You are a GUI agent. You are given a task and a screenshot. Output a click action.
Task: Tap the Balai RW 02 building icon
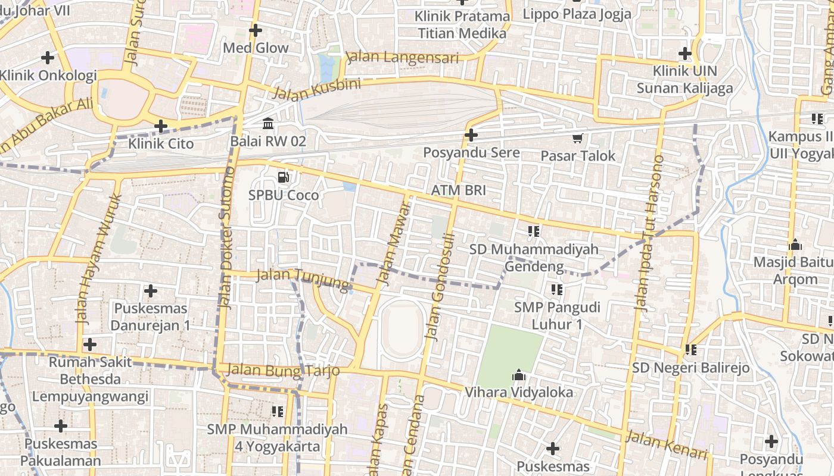(x=268, y=124)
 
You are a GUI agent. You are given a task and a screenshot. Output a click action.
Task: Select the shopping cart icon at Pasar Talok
(x=577, y=139)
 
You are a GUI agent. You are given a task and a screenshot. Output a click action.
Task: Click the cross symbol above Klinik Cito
(x=160, y=126)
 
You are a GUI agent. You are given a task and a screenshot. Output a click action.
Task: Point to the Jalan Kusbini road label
(x=316, y=89)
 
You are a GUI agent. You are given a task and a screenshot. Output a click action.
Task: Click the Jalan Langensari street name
(x=403, y=57)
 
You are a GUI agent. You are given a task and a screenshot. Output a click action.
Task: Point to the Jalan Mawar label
(x=394, y=241)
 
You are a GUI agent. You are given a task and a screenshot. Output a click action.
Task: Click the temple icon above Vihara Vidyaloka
(x=518, y=375)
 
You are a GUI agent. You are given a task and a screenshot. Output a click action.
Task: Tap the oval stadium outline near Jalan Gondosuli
(x=402, y=329)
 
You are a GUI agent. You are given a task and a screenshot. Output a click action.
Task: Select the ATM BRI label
(x=458, y=190)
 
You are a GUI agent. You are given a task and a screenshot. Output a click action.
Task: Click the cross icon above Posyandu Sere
(x=471, y=135)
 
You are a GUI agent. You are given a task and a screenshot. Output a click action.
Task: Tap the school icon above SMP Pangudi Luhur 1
(x=556, y=290)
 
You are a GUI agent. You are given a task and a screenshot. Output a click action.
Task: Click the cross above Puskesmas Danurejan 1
(x=151, y=291)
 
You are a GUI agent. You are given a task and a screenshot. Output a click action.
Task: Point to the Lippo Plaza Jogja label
(x=577, y=14)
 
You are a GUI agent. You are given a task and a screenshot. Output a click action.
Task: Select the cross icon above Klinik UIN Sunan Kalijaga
(x=685, y=54)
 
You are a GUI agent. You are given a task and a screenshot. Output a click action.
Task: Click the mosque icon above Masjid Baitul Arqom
(x=795, y=245)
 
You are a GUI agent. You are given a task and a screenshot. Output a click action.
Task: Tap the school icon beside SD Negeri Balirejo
(x=691, y=350)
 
